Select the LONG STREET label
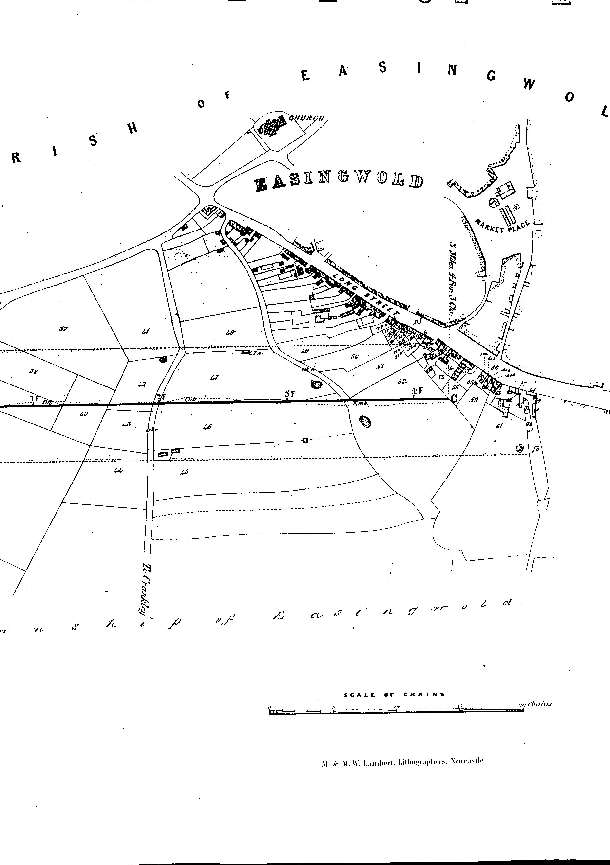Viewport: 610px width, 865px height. (x=365, y=295)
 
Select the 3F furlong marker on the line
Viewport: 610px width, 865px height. (x=288, y=394)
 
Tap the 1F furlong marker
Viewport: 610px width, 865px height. (x=34, y=398)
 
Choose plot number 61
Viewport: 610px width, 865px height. (x=500, y=426)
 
